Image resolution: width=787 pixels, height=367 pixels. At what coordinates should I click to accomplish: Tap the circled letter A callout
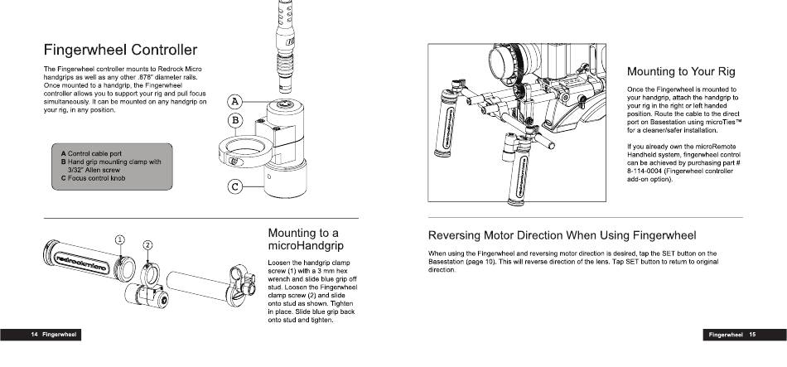(x=235, y=102)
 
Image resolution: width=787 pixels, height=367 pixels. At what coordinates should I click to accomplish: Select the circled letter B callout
(x=235, y=121)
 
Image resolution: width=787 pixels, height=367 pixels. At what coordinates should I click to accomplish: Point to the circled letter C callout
(x=235, y=186)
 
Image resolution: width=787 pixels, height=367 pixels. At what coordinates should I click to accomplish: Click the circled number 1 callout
(x=120, y=239)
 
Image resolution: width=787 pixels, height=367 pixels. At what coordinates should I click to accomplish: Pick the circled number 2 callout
(x=147, y=244)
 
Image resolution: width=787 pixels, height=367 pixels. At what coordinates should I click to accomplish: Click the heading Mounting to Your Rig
(x=681, y=71)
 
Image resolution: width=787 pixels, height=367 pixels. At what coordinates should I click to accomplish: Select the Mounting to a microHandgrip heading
(x=303, y=240)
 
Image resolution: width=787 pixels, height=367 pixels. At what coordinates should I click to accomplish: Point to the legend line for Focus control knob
(x=93, y=178)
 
